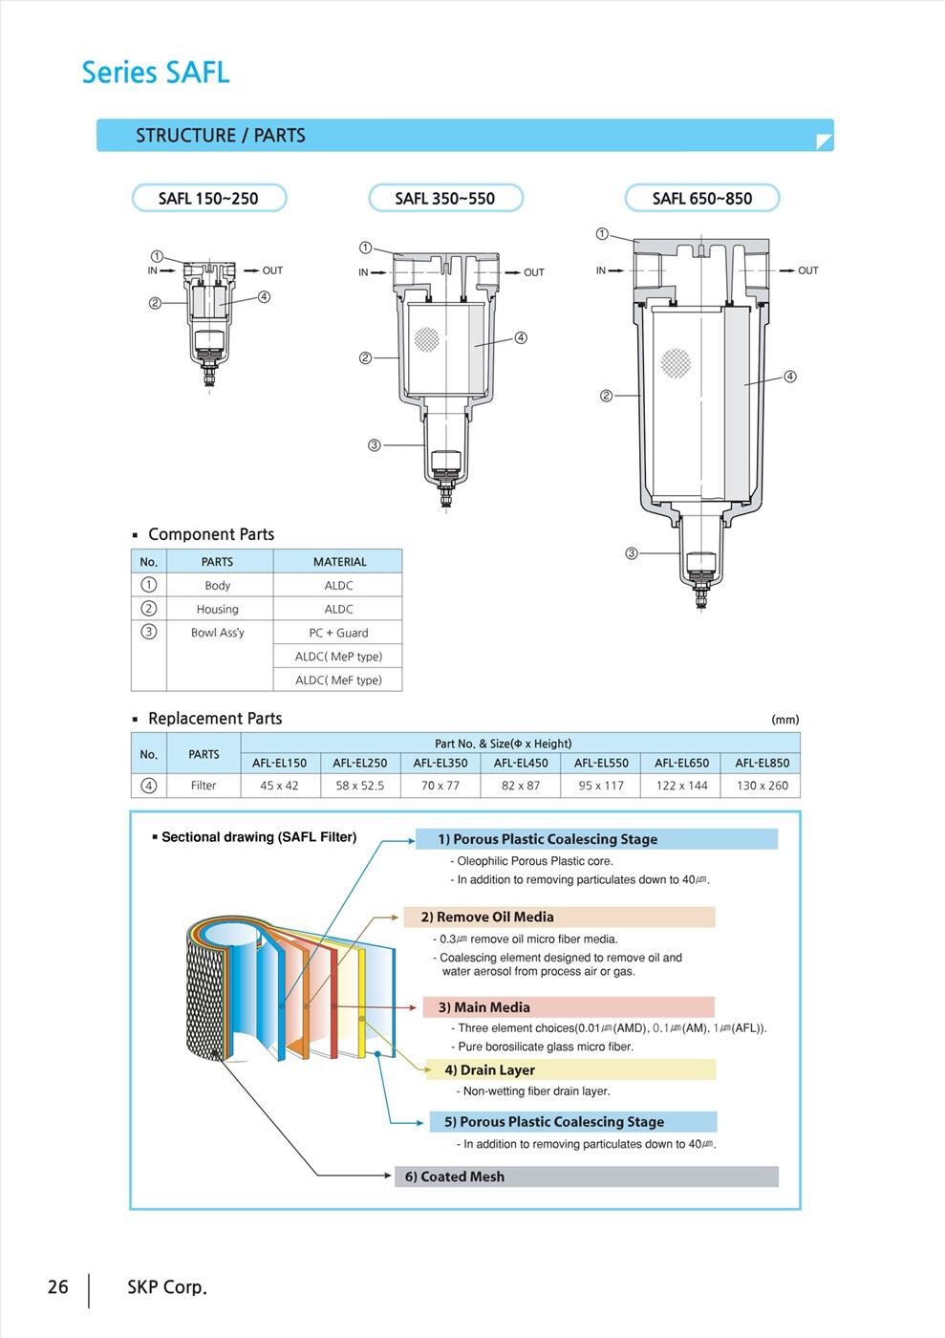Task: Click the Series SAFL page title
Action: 156,73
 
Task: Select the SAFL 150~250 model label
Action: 208,199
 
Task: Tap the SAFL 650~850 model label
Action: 702,199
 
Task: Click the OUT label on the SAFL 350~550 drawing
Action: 533,272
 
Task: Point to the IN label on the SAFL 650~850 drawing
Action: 601,270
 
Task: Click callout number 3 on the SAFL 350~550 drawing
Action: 375,445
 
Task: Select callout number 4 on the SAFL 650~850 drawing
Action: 789,377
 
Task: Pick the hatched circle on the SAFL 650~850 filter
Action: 676,361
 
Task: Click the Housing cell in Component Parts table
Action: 218,609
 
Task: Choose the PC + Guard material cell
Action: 338,633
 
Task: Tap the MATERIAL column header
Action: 339,562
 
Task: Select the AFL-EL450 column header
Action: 521,763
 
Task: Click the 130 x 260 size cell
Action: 762,786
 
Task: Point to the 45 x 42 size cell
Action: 279,786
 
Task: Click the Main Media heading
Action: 483,1007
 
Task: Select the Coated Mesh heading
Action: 455,1176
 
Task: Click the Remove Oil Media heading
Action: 487,917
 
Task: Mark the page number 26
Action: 58,1287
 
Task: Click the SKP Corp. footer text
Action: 167,1287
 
